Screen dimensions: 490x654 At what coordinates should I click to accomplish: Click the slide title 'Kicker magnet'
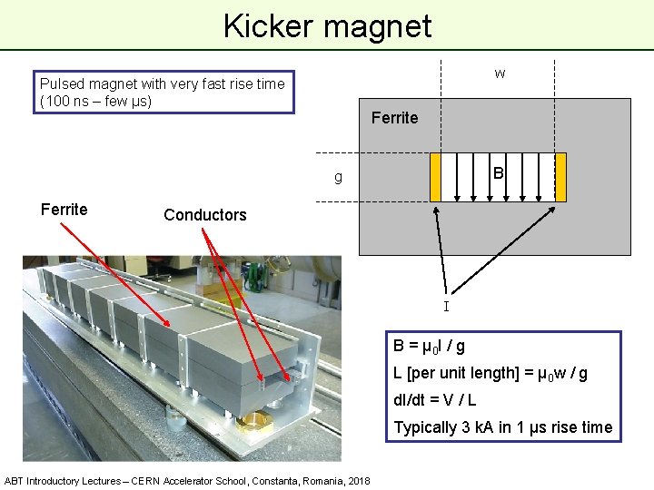point(327,25)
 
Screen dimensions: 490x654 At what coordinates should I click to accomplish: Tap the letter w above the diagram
point(500,73)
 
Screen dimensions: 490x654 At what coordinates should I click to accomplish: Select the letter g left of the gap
point(338,177)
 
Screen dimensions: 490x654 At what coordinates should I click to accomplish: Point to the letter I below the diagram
point(445,307)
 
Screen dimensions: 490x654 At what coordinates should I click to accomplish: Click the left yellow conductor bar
point(435,176)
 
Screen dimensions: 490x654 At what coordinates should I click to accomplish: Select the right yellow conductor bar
point(560,176)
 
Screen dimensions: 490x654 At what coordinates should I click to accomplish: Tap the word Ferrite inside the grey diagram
point(394,118)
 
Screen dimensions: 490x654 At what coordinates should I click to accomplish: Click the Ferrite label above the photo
point(64,210)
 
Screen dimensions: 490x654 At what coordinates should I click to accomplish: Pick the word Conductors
point(204,215)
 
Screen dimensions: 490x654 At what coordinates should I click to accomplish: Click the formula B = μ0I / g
point(429,346)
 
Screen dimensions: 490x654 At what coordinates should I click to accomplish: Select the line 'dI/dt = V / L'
point(434,400)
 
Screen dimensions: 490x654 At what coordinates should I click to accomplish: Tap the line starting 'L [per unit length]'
point(490,373)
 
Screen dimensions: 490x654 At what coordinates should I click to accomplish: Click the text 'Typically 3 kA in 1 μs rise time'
point(502,427)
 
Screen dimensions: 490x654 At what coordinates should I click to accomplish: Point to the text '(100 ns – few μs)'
point(95,100)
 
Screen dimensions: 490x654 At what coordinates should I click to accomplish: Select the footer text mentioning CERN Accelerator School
point(186,480)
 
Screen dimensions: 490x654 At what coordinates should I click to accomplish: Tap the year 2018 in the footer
point(357,480)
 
